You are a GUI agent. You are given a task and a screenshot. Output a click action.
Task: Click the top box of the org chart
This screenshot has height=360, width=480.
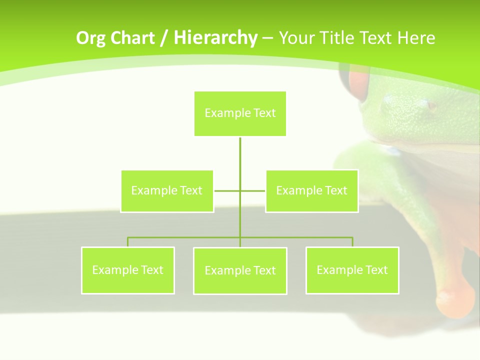240,113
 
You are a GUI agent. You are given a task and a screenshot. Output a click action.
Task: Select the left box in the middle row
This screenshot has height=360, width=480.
167,191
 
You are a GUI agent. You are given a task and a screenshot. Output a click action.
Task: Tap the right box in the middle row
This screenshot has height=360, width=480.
311,191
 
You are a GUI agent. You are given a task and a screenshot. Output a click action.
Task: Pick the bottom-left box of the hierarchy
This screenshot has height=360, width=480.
127,270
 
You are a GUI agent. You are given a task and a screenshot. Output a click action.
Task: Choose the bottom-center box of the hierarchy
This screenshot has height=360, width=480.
240,271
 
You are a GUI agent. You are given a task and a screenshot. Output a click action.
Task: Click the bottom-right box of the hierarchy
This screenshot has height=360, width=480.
352,270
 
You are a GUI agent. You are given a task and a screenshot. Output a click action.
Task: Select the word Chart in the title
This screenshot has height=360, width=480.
132,38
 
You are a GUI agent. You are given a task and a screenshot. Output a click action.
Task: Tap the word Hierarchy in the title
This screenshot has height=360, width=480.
215,38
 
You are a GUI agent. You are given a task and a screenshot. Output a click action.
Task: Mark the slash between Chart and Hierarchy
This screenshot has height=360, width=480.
164,38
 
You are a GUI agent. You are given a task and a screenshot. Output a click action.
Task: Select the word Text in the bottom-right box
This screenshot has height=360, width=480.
376,270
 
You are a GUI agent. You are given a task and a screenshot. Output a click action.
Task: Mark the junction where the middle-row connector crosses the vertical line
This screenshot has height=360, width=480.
240,191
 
